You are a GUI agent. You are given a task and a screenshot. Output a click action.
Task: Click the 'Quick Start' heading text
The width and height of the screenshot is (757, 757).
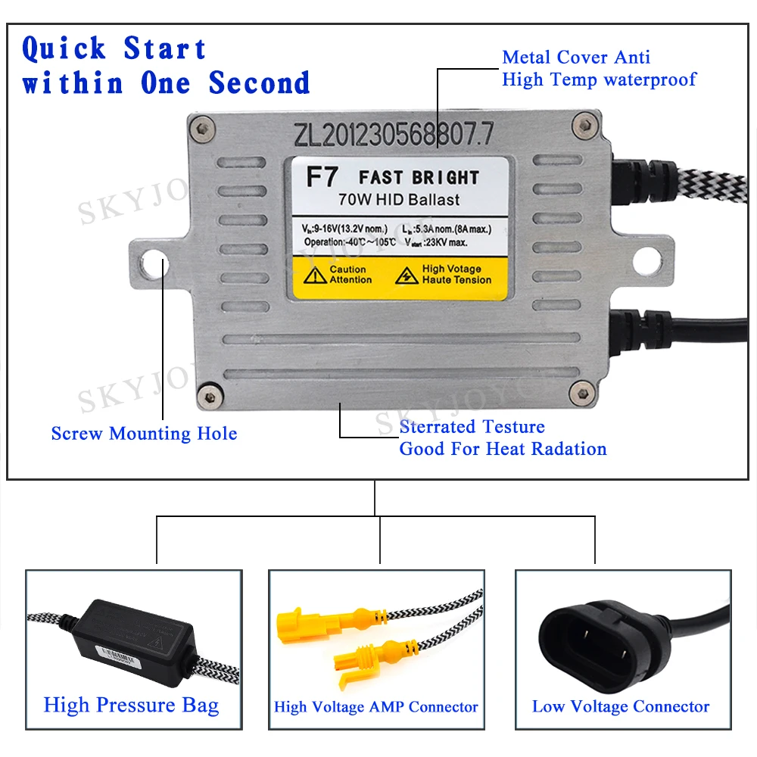[114, 49]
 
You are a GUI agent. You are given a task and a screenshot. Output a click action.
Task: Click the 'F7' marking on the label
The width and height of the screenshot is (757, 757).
[316, 178]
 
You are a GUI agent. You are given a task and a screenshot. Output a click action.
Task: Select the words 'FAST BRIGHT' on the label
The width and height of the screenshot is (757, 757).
[419, 178]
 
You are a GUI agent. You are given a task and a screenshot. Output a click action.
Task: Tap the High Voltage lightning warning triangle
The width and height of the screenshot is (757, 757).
[407, 275]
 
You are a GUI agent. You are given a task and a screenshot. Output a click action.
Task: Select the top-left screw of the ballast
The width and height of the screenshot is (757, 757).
[199, 125]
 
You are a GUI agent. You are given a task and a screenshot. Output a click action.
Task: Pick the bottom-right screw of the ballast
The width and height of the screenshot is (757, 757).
[581, 391]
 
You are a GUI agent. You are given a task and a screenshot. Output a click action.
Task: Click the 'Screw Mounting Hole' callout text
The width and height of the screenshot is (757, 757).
[144, 434]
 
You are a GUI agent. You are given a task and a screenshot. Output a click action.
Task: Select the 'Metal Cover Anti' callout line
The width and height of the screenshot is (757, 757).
[576, 58]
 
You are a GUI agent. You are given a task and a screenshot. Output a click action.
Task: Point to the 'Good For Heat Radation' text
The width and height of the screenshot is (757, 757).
[503, 449]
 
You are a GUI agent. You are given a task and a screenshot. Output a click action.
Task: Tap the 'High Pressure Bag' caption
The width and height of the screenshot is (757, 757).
[131, 706]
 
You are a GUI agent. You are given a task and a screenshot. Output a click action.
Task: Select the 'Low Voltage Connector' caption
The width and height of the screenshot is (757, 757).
[621, 707]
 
